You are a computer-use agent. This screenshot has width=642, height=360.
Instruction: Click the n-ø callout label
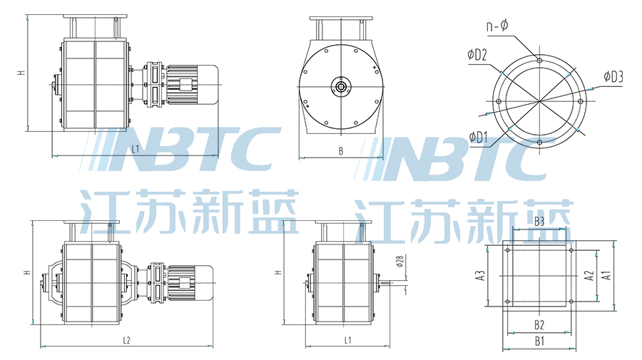(x=497, y=26)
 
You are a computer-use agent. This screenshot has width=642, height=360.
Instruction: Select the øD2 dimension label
(x=477, y=55)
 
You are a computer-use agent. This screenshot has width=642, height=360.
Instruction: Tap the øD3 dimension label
(x=613, y=76)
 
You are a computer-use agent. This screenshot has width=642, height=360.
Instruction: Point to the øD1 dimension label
(x=478, y=138)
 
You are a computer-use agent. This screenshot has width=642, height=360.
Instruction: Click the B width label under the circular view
(x=341, y=151)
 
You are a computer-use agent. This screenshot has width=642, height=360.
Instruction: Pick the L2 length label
(x=126, y=340)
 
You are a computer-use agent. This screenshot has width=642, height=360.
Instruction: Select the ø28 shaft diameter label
(x=400, y=261)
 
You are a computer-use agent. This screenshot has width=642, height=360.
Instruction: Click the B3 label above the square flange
(x=539, y=221)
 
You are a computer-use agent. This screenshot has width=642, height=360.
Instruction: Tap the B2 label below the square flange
(x=539, y=325)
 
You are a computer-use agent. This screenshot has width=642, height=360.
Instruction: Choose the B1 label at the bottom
(x=539, y=341)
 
